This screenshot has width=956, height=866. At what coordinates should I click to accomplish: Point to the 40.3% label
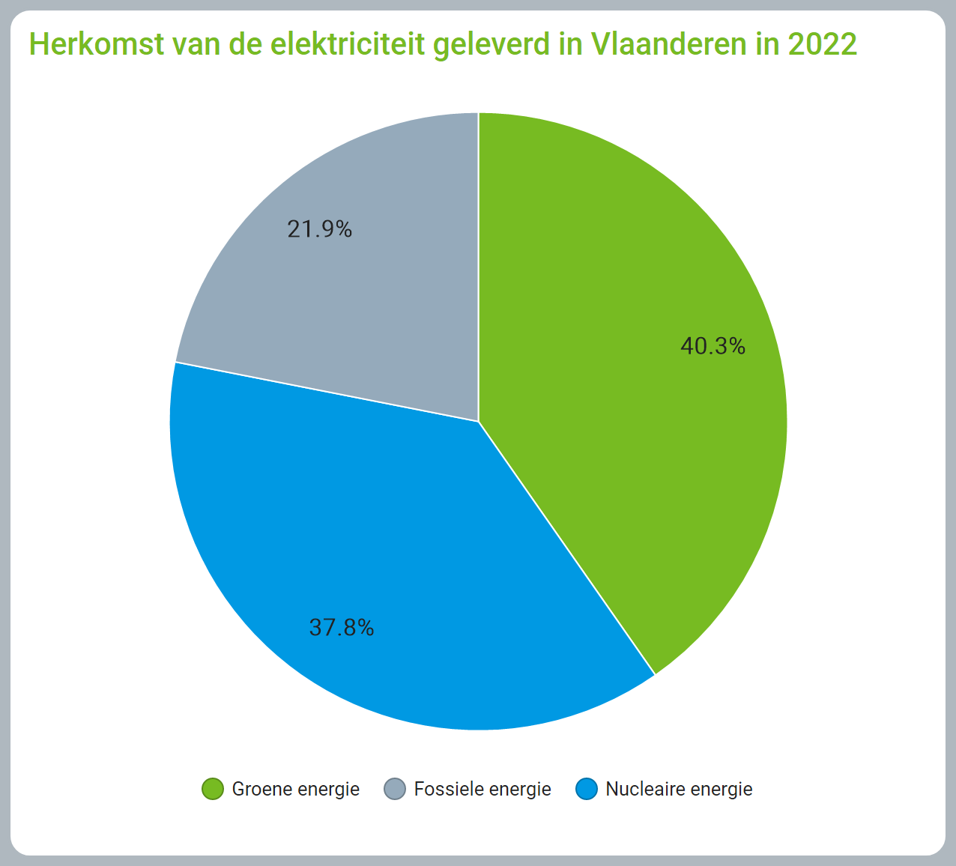[713, 346]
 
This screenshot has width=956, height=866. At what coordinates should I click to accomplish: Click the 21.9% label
[319, 228]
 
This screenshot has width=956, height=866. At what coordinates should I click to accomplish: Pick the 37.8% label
[341, 627]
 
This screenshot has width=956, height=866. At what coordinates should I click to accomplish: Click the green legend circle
[213, 789]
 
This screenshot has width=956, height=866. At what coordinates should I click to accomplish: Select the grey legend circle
[395, 789]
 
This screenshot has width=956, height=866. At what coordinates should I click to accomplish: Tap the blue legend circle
[587, 789]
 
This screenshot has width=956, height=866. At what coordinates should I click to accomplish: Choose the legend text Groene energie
[295, 789]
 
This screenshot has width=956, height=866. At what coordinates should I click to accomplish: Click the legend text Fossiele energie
[482, 789]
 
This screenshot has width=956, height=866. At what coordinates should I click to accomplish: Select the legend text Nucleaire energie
[679, 789]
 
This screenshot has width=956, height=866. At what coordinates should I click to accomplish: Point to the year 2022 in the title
[822, 44]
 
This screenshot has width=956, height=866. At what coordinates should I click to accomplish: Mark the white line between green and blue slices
[566, 548]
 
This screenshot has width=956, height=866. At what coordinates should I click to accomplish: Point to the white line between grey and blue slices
[327, 392]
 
